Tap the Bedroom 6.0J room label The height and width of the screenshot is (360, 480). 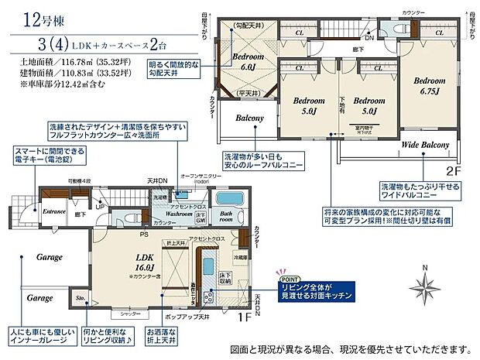249,61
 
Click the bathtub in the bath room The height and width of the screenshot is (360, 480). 230,197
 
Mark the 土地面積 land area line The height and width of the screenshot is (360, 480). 67,59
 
